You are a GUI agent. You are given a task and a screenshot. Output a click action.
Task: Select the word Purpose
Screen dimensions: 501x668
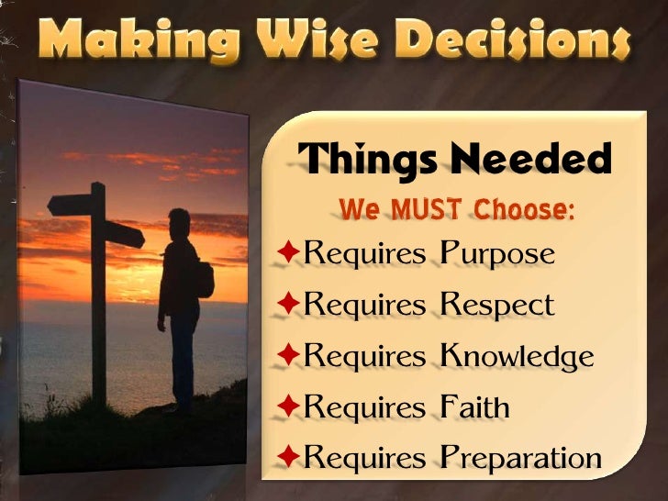[497, 255]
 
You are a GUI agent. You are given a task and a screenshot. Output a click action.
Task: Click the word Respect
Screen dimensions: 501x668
[496, 306]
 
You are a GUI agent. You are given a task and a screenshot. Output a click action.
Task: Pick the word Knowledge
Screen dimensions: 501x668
[517, 356]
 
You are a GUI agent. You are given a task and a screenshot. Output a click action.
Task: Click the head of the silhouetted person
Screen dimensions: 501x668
[180, 223]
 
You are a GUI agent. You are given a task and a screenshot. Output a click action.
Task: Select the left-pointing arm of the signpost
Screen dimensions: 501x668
[70, 205]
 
